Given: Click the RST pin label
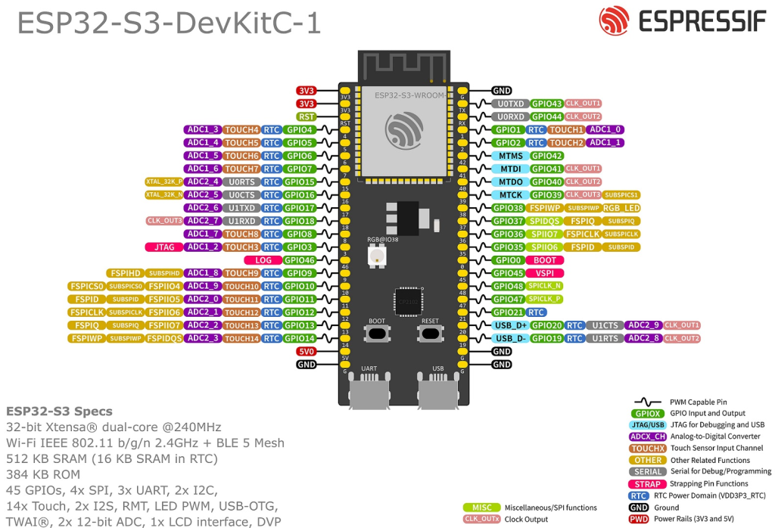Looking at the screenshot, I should click(x=306, y=116).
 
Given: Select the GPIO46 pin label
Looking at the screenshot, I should click(x=300, y=260).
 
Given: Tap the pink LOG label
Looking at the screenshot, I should click(x=263, y=260).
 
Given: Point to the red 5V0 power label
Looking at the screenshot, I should click(x=306, y=352).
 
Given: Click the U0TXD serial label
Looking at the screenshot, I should click(x=512, y=104).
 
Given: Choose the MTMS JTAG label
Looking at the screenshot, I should click(x=512, y=156).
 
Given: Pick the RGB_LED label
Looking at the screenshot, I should click(x=621, y=208).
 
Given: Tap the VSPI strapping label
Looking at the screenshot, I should click(x=545, y=273).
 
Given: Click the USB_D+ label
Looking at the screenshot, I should click(x=510, y=325).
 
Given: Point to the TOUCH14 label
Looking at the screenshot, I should click(x=242, y=338).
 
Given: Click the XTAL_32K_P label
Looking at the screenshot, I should click(x=164, y=182).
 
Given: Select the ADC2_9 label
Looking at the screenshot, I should click(x=643, y=325).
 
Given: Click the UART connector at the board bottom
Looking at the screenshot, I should click(x=369, y=392).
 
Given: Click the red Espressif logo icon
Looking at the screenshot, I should click(x=613, y=22).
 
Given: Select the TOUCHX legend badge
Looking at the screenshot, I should click(x=648, y=448).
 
